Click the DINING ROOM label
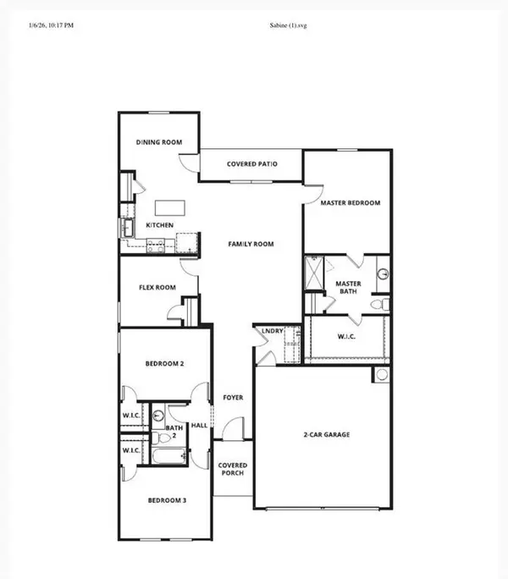[159, 143]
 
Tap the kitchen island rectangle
[169, 207]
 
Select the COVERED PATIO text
[251, 164]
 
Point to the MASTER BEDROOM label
[350, 203]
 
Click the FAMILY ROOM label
[251, 244]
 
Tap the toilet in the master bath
[383, 302]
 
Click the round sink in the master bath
[382, 273]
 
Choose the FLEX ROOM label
[157, 288]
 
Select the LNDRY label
[273, 331]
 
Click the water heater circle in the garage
[382, 374]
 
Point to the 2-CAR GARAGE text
[327, 435]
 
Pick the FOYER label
[233, 397]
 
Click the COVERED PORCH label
[232, 469]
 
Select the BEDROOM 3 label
[165, 501]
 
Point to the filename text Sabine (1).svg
[283, 26]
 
